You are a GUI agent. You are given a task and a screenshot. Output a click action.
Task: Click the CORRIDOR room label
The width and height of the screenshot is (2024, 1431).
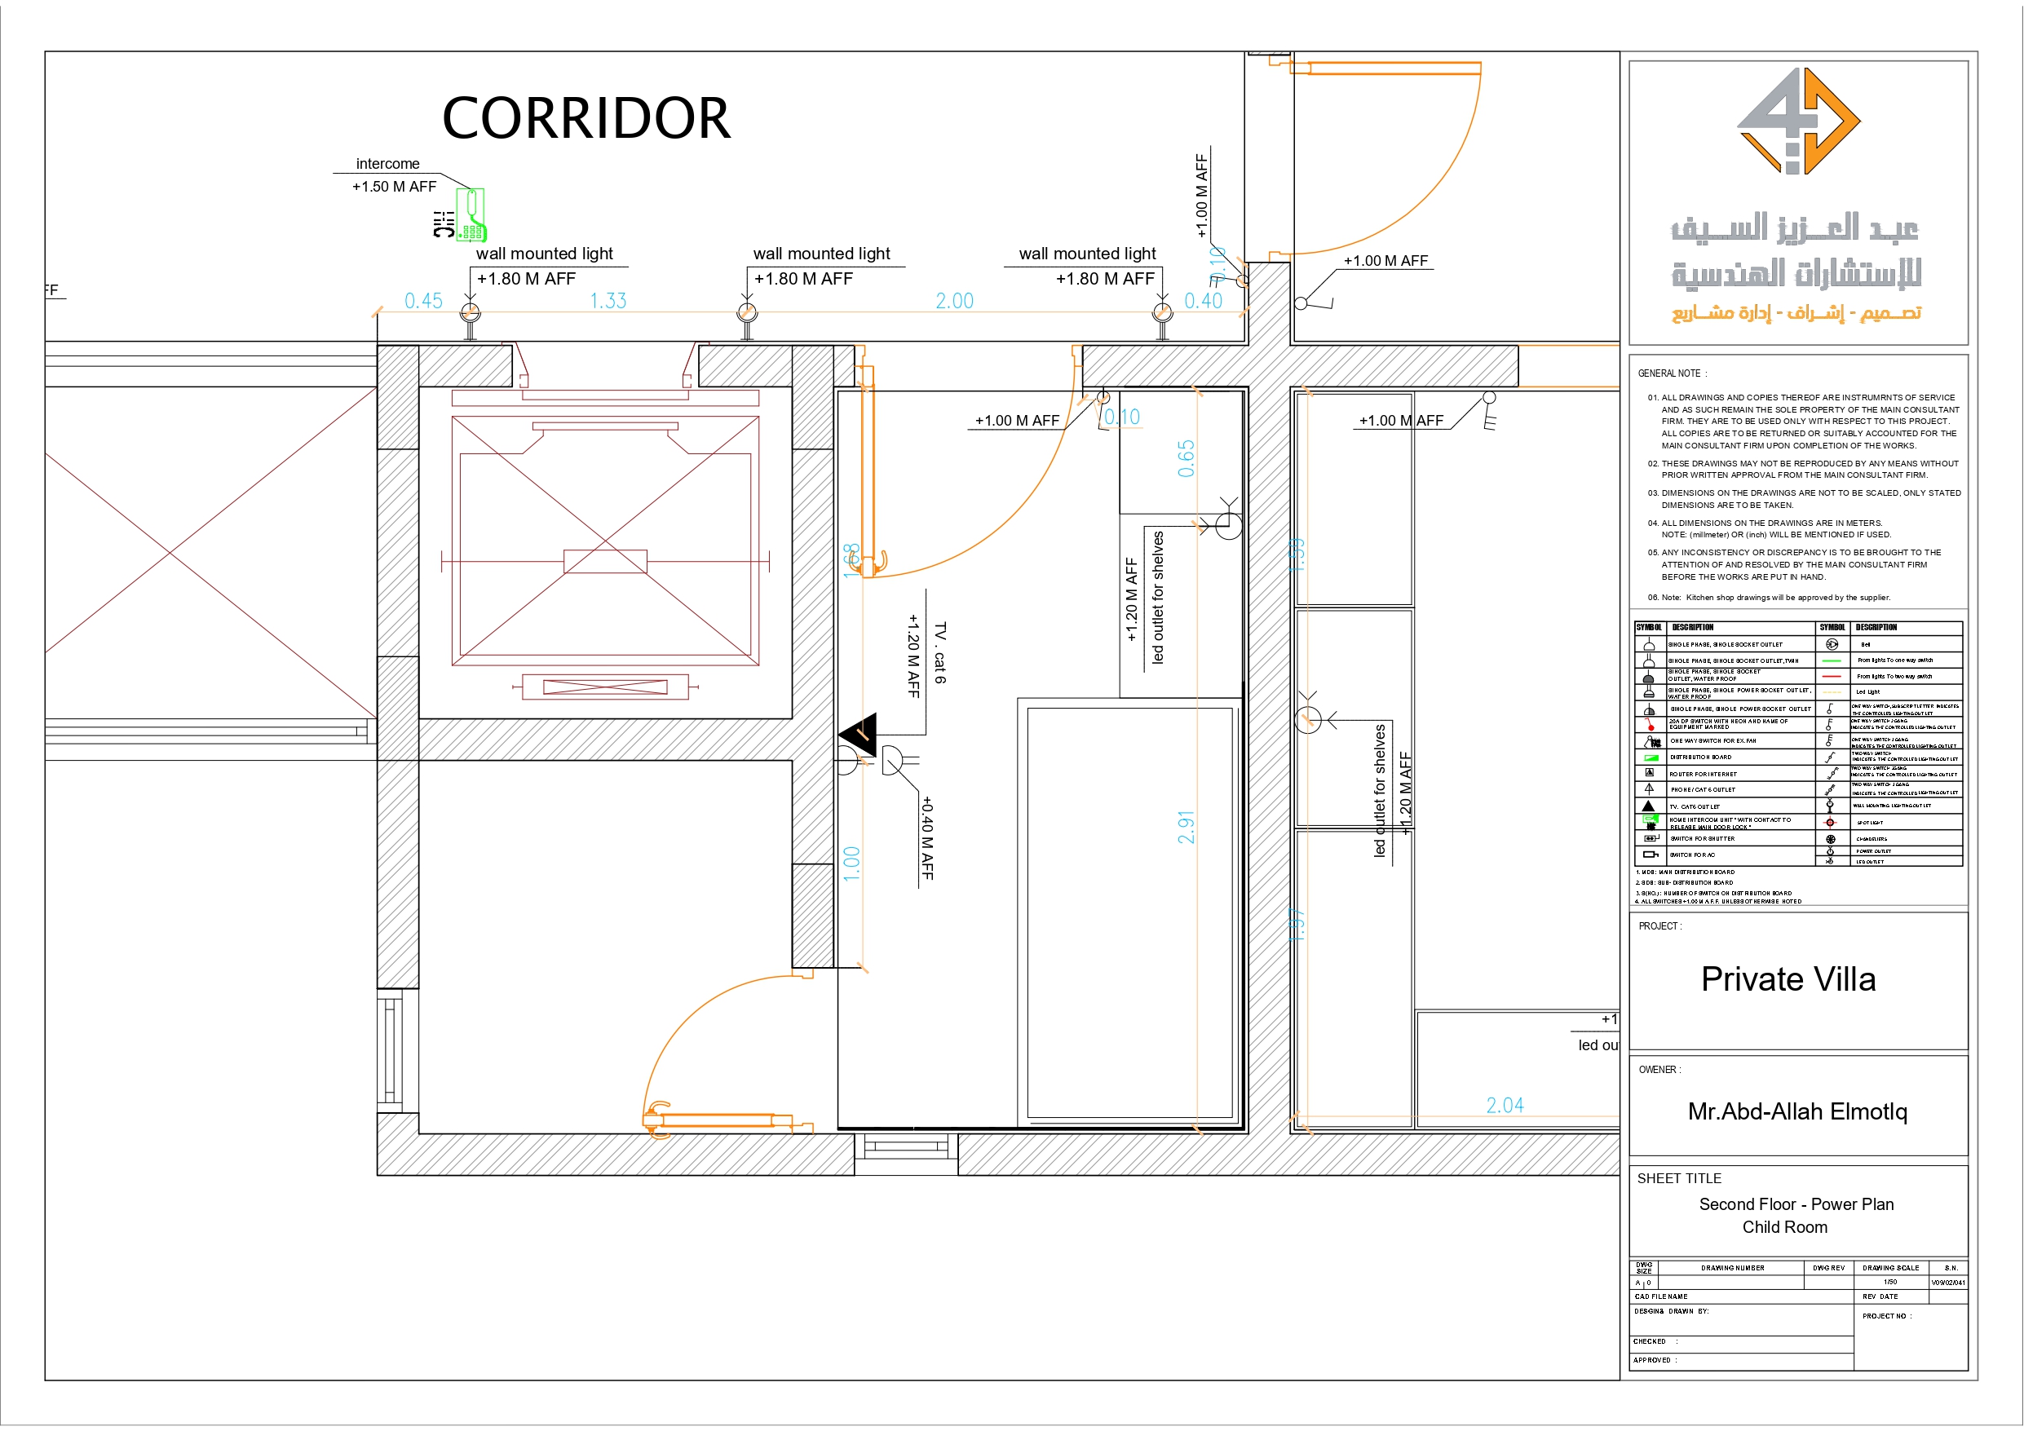point(586,118)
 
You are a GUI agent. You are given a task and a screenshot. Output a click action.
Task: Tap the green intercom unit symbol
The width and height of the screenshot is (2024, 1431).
point(472,215)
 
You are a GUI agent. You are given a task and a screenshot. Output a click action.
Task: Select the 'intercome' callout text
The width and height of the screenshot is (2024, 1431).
point(387,164)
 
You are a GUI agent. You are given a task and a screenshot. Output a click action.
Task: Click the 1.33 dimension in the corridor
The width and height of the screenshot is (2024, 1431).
point(608,301)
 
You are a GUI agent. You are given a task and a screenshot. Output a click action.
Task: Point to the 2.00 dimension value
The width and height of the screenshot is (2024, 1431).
point(954,301)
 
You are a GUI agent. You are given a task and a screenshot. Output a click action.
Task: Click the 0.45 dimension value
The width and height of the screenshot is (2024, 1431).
point(423,301)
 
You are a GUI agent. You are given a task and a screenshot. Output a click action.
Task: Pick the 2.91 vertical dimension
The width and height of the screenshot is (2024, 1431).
point(1186,827)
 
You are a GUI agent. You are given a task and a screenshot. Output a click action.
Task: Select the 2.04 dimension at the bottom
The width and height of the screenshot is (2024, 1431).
point(1505,1105)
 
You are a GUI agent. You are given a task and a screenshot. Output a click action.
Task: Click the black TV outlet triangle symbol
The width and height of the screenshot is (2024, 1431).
point(860,734)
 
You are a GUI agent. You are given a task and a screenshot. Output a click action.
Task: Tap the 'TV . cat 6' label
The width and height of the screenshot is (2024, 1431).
point(939,653)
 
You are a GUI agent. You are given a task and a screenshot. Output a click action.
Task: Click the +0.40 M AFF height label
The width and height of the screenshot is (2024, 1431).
point(926,837)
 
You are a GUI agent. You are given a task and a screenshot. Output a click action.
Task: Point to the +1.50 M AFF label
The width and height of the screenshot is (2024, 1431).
point(394,187)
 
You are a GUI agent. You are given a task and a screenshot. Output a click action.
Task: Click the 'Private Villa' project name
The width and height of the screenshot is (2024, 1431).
point(1788,979)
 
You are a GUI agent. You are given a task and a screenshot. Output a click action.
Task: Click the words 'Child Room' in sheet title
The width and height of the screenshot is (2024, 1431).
point(1784,1227)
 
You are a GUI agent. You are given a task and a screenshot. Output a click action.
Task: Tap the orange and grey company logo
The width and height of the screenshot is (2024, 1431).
point(1797,121)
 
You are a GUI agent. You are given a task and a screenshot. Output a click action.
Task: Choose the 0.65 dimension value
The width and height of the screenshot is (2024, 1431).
point(1186,458)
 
